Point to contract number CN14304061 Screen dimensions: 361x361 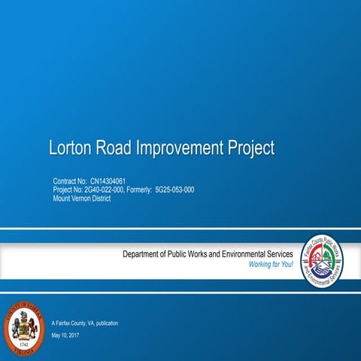pos(115,182)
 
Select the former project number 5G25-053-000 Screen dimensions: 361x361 pos(174,190)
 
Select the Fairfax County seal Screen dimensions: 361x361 pos(25,329)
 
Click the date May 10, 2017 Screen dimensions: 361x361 pos(66,335)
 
